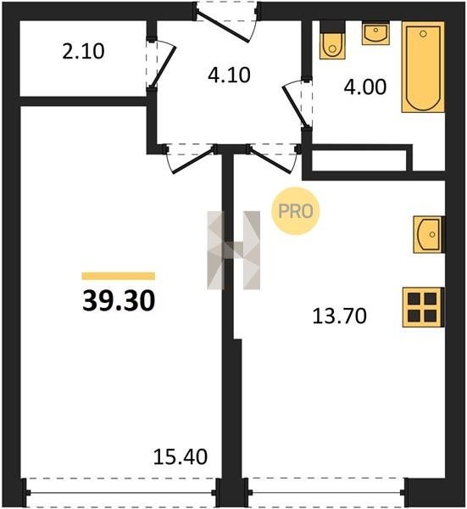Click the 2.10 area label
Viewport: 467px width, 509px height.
83,52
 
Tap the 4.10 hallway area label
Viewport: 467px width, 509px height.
230,75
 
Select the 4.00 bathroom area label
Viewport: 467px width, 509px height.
365,87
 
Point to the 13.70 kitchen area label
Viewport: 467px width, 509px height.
340,316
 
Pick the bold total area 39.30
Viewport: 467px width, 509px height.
119,300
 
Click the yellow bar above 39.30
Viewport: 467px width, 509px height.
119,276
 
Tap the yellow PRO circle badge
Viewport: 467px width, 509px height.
296,211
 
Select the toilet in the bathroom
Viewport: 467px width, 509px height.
332,41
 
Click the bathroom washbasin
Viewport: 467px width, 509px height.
375,33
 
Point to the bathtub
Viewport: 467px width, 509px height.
423,67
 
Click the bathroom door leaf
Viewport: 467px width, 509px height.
295,106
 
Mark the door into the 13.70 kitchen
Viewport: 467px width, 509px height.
272,159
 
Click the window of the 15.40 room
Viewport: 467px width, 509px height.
120,492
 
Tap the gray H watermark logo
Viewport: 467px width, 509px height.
234,250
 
